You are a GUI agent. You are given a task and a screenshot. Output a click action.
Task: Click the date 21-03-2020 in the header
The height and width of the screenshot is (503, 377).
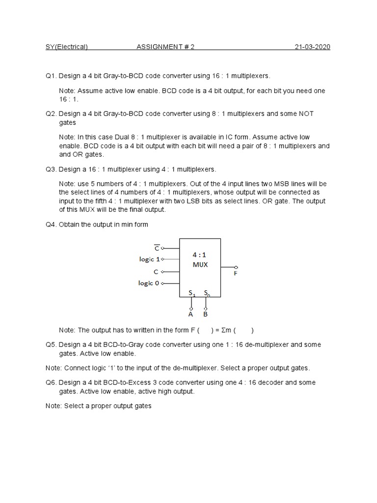pyautogui.click(x=312, y=47)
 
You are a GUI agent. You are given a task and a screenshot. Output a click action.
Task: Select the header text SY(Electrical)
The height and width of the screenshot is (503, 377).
pyautogui.click(x=67, y=47)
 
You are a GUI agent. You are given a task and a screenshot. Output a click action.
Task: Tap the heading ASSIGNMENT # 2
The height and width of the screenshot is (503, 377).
pyautogui.click(x=165, y=47)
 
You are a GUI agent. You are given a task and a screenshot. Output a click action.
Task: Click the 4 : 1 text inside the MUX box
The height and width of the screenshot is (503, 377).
pyautogui.click(x=200, y=254)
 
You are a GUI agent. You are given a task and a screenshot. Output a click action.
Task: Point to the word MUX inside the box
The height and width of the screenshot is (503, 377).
pyautogui.click(x=200, y=264)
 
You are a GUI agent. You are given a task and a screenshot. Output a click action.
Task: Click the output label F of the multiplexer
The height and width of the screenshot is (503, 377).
pyautogui.click(x=235, y=274)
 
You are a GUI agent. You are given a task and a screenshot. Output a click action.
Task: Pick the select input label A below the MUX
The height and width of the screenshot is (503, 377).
pyautogui.click(x=191, y=313)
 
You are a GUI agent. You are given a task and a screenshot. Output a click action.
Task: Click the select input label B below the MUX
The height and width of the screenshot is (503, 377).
pyautogui.click(x=205, y=313)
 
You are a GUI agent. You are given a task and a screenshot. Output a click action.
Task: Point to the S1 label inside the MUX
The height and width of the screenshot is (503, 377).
pyautogui.click(x=192, y=293)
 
